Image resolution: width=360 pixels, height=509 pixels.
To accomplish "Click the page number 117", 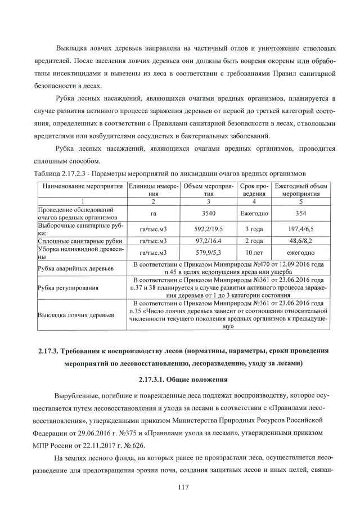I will pyautogui.click(x=181, y=486).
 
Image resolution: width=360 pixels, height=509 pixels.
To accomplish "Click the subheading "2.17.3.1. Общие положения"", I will pyautogui.click(x=180, y=379).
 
